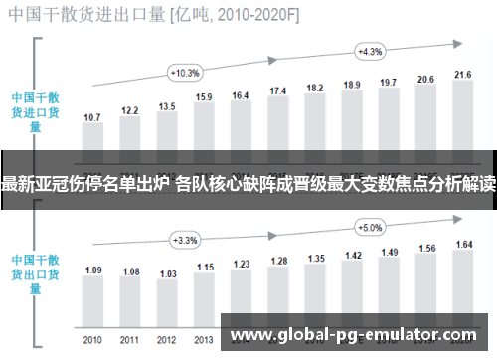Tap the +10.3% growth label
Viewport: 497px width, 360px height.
185,73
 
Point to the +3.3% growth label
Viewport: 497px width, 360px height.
185,240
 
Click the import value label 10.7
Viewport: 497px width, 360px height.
92,117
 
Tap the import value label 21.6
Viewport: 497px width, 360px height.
462,75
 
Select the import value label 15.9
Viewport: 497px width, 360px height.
204,97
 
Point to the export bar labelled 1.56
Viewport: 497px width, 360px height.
425,283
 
